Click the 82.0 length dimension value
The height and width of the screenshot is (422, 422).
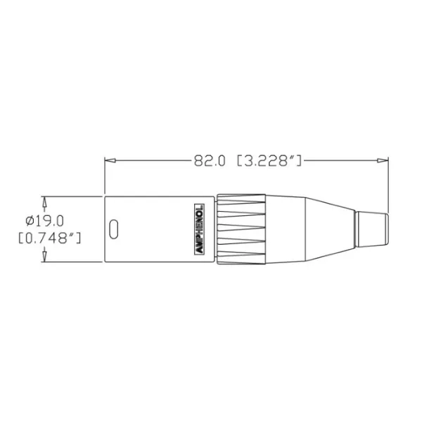(x=209, y=161)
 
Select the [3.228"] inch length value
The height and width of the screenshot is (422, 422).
(x=270, y=161)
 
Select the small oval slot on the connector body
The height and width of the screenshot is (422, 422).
(x=114, y=229)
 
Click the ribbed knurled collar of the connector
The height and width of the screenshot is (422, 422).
(x=241, y=229)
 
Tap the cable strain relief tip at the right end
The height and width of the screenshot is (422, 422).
(x=371, y=229)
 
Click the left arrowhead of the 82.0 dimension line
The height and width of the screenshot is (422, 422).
(x=109, y=161)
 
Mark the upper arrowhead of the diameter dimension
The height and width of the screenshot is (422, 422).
(x=44, y=200)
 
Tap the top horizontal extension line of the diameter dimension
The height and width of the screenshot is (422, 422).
(x=70, y=196)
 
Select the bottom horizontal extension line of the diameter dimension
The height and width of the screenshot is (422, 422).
(x=70, y=262)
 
